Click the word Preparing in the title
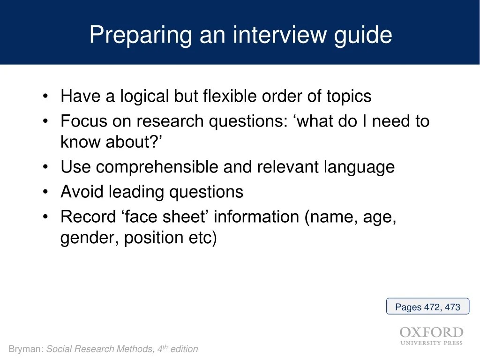coord(141,36)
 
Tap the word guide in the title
coord(363,36)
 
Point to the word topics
coord(349,97)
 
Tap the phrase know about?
coord(111,142)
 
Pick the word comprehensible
coord(157,167)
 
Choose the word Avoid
coord(82,192)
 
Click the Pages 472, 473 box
coord(427,306)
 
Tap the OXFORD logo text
coord(431,332)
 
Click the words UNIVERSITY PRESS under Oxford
coord(431,343)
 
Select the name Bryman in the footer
coord(26,349)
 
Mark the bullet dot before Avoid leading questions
coord(45,192)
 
